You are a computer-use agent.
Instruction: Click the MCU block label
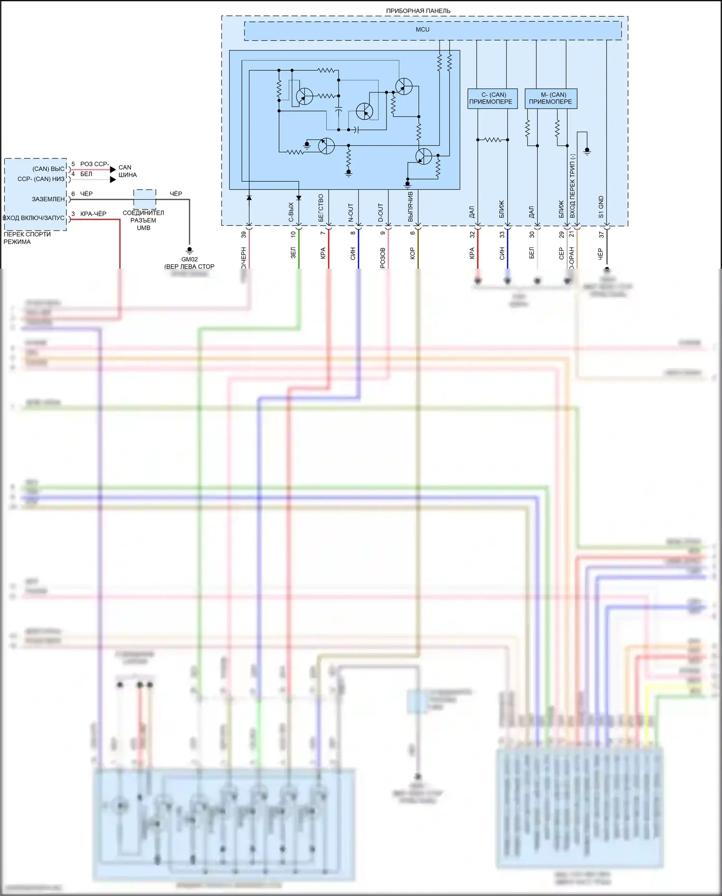pyautogui.click(x=423, y=30)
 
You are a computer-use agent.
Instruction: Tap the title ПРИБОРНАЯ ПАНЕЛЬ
pyautogui.click(x=418, y=11)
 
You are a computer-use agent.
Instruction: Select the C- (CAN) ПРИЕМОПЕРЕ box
pyautogui.click(x=492, y=99)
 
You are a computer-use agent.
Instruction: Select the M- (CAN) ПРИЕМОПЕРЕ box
pyautogui.click(x=551, y=99)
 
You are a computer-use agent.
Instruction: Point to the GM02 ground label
pyautogui.click(x=190, y=260)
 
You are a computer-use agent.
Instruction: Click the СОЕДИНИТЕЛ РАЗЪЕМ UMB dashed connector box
pyautogui.click(x=144, y=198)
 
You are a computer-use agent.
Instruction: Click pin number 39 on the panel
pyautogui.click(x=244, y=234)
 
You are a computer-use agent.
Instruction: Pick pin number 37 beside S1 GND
pyautogui.click(x=601, y=234)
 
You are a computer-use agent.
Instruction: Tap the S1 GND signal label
pyautogui.click(x=601, y=207)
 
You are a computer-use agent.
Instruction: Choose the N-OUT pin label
pyautogui.click(x=351, y=213)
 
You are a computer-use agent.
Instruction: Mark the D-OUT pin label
pyautogui.click(x=381, y=213)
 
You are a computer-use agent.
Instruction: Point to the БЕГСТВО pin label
pyautogui.click(x=321, y=208)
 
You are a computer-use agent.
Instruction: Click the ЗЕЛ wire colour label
pyautogui.click(x=293, y=253)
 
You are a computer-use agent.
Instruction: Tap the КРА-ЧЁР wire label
pyautogui.click(x=93, y=214)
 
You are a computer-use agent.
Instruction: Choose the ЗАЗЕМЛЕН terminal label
pyautogui.click(x=48, y=199)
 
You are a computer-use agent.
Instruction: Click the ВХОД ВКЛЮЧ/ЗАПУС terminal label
pyautogui.click(x=34, y=218)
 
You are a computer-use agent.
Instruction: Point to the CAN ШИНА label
pyautogui.click(x=128, y=171)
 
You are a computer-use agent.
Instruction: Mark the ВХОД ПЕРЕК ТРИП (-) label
pyautogui.click(x=572, y=186)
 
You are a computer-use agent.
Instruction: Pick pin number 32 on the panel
pyautogui.click(x=472, y=234)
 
